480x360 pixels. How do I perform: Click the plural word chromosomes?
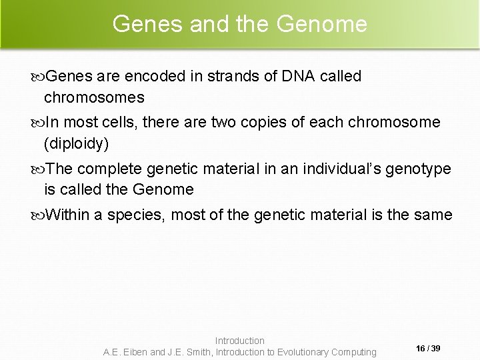tap(94, 98)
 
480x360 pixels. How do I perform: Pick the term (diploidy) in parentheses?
tap(75, 143)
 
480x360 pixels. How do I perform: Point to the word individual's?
tap(343, 169)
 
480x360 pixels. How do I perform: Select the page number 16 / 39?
tap(427, 348)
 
